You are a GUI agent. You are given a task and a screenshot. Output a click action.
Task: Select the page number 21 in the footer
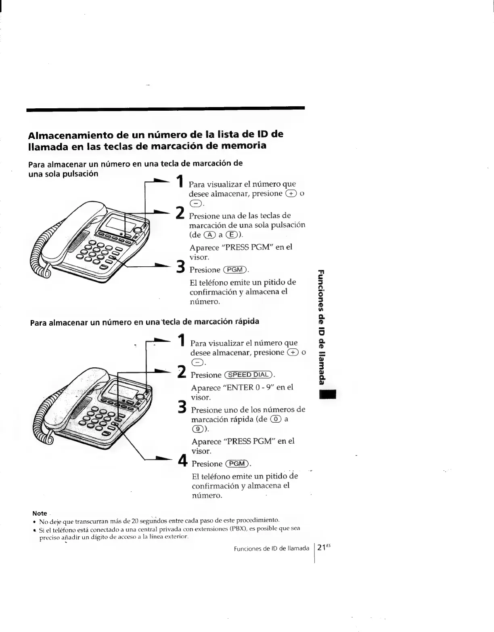321,548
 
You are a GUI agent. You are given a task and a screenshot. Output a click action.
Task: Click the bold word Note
40,513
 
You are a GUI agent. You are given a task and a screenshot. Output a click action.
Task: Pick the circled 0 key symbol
276,419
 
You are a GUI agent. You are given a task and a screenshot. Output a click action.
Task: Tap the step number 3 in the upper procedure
180,267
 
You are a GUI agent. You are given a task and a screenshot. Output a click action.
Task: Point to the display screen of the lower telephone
117,390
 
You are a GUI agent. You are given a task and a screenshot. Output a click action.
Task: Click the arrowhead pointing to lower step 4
168,458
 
